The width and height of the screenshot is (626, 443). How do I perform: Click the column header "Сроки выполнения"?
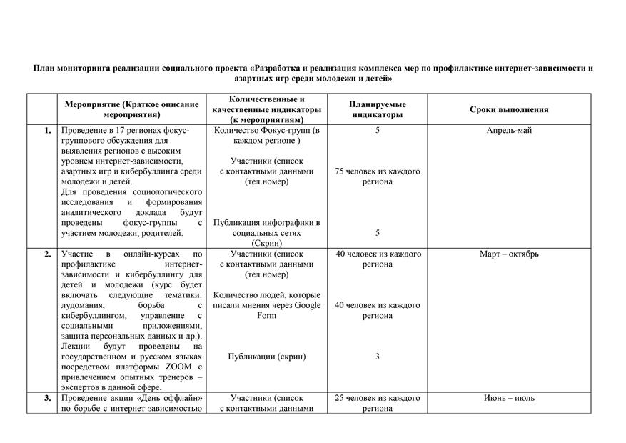pos(508,110)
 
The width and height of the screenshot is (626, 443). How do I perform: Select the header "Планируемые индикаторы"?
pos(378,109)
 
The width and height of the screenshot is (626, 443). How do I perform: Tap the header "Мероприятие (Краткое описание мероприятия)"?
pos(131,109)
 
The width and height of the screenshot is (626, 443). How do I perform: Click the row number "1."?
pos(47,131)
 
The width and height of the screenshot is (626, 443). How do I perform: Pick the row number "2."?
pos(47,254)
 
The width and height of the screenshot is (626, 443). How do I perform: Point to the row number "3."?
pos(47,398)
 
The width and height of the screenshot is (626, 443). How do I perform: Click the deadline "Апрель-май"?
pos(508,131)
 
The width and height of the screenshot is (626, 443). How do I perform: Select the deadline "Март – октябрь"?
pos(508,254)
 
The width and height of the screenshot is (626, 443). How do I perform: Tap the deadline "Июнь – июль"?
pos(508,398)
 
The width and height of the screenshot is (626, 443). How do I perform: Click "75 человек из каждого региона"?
pos(378,176)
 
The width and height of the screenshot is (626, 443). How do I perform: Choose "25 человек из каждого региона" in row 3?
pos(378,403)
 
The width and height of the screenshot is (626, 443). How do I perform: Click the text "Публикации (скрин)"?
pos(266,357)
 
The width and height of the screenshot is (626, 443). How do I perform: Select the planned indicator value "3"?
pos(378,357)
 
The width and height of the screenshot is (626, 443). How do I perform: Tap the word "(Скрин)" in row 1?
pos(266,244)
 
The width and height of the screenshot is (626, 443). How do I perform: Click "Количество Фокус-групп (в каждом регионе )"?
pos(266,136)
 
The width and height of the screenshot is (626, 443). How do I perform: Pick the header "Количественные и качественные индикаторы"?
pos(266,104)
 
